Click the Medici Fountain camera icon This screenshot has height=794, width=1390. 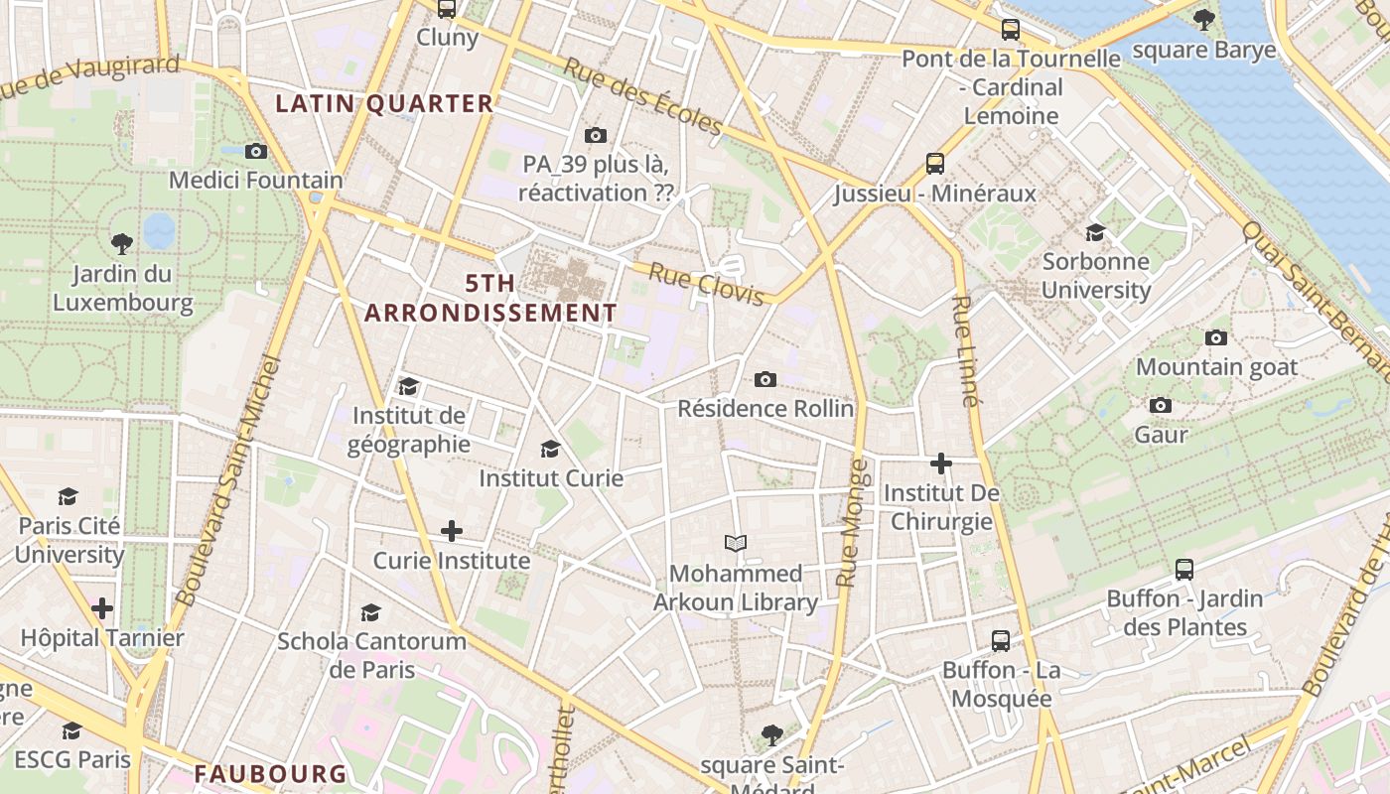pos(256,151)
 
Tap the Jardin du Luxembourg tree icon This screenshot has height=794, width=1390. pos(122,243)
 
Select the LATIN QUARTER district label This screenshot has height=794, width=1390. pos(384,103)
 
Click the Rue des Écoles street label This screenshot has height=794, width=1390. pos(642,96)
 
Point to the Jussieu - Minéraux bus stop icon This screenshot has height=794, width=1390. pos(934,163)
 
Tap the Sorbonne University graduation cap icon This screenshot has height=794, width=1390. pos(1095,232)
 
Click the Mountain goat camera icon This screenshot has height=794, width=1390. pos(1215,337)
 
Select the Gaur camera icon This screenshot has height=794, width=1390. pos(1160,405)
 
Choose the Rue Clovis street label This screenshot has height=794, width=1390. pos(706,284)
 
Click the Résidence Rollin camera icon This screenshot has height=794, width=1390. pos(764,379)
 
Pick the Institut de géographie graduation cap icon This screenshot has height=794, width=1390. pos(408,386)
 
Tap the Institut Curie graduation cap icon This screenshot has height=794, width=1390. pos(550,450)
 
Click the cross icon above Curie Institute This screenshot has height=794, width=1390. pos(452,531)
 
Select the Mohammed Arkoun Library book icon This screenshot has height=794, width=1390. pos(735,543)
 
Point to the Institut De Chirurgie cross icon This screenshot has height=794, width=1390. pos(940,463)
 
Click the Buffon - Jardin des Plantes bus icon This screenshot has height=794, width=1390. pos(1183,570)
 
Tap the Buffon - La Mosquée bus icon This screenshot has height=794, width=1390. pos(1001,641)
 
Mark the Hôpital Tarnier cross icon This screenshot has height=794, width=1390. pos(102,607)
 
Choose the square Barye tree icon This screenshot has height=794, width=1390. pos(1203,19)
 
